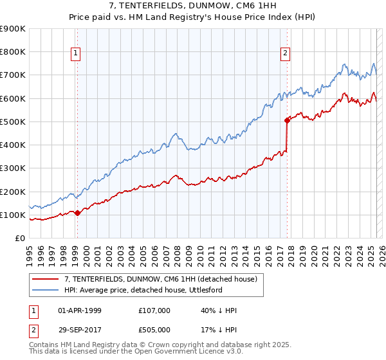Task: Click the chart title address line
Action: click(193, 6)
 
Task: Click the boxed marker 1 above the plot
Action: click(76, 53)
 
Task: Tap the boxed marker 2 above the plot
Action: click(285, 53)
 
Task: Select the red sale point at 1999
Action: click(77, 213)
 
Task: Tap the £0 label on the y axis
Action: click(19, 239)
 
